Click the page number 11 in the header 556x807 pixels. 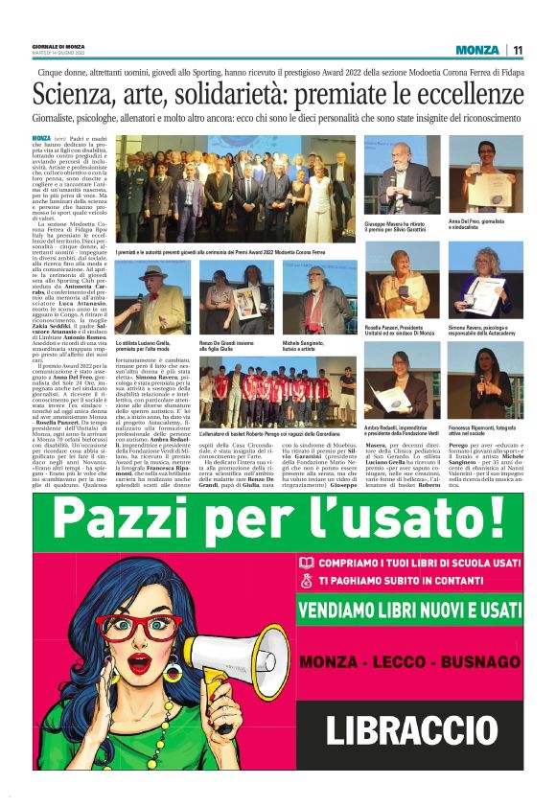pyautogui.click(x=518, y=50)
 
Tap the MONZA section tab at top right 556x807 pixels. pyautogui.click(x=477, y=50)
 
